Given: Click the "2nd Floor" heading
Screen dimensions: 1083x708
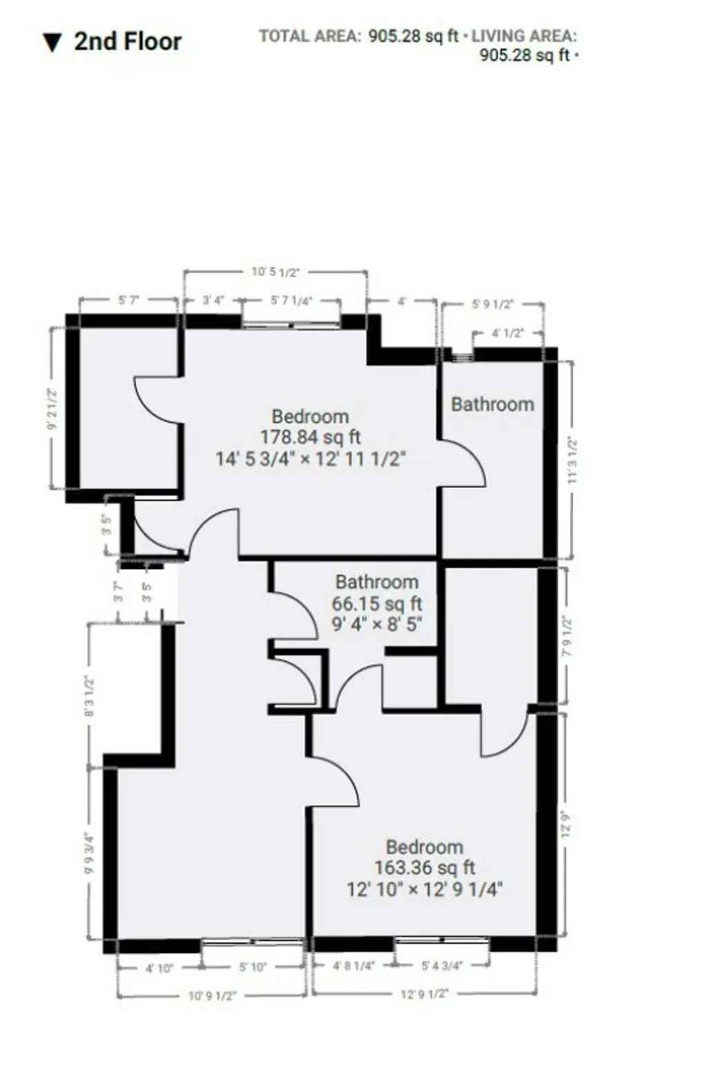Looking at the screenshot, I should coord(127,42).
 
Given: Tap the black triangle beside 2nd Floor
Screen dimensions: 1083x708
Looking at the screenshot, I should coord(53,43).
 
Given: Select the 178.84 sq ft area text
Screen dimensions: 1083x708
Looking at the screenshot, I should coord(310,437).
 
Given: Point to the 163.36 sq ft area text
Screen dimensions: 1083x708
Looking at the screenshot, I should coord(425,868).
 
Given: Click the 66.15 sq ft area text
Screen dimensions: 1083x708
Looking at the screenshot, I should coord(377,603).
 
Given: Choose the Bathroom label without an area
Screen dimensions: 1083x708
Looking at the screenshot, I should coord(492,405).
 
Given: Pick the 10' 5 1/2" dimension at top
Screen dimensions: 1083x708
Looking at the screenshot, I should coord(275,272).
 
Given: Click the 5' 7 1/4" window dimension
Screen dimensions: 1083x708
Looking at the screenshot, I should coord(291,300).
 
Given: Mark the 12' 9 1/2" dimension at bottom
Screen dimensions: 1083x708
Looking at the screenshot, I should coord(425,994).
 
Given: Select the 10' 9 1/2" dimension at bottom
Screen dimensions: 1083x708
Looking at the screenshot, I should coord(212,996).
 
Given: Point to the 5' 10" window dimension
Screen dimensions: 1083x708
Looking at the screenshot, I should coord(252,967).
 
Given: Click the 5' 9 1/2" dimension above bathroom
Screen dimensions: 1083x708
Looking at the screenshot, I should coord(492,304).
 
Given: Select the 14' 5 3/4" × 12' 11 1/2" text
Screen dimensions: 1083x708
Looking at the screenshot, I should coord(310,458).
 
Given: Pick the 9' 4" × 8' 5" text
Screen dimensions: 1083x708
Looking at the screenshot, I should coord(377,624).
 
